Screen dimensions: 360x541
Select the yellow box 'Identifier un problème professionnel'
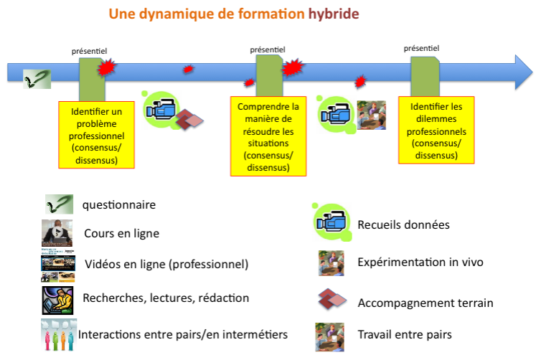97,135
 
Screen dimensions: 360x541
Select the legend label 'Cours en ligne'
121,233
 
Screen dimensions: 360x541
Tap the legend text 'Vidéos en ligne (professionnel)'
166,264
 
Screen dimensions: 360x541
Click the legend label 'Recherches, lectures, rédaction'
166,298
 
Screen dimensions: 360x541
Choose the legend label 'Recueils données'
403,224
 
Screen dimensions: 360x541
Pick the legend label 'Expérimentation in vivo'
420,262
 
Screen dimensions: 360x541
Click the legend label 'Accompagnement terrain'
425,303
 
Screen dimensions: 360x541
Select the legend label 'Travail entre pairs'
405,334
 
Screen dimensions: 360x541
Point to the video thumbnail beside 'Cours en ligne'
57,233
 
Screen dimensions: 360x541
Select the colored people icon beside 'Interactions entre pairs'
58,333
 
